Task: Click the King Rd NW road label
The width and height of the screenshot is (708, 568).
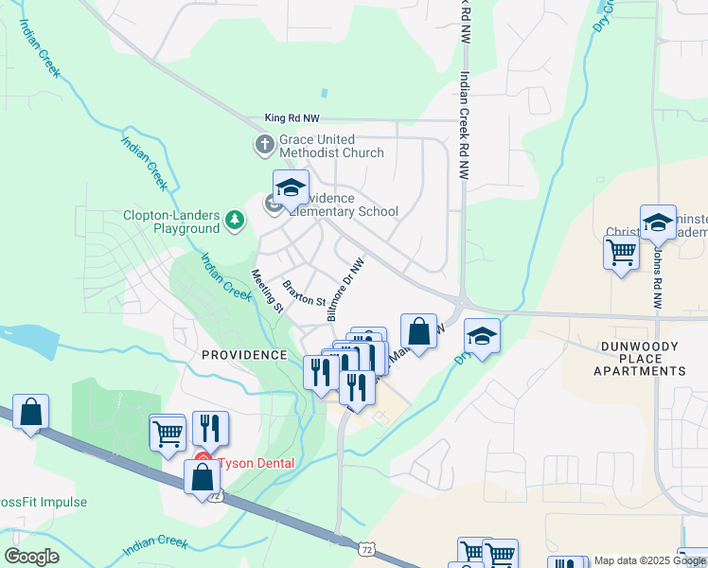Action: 294,118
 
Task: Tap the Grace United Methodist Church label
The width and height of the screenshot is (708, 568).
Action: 331,146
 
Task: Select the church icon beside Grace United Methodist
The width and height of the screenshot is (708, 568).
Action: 263,145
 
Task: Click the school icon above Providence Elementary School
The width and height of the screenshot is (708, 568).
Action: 291,186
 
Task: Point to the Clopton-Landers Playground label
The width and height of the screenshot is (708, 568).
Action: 171,222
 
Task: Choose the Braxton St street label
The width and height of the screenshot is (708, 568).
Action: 303,293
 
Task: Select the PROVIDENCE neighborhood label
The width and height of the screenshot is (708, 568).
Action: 243,355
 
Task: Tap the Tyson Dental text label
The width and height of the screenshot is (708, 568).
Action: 256,463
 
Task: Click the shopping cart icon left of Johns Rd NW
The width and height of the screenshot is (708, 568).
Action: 621,252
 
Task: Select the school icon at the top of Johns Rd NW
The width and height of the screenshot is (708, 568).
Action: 657,222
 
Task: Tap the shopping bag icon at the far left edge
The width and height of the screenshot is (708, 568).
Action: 30,412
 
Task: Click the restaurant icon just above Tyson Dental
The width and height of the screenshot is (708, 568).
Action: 210,428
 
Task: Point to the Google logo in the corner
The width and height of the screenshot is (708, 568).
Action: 31,557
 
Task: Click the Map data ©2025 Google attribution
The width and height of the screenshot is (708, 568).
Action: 649,560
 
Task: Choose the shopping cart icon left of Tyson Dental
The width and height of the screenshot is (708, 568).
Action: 168,434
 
